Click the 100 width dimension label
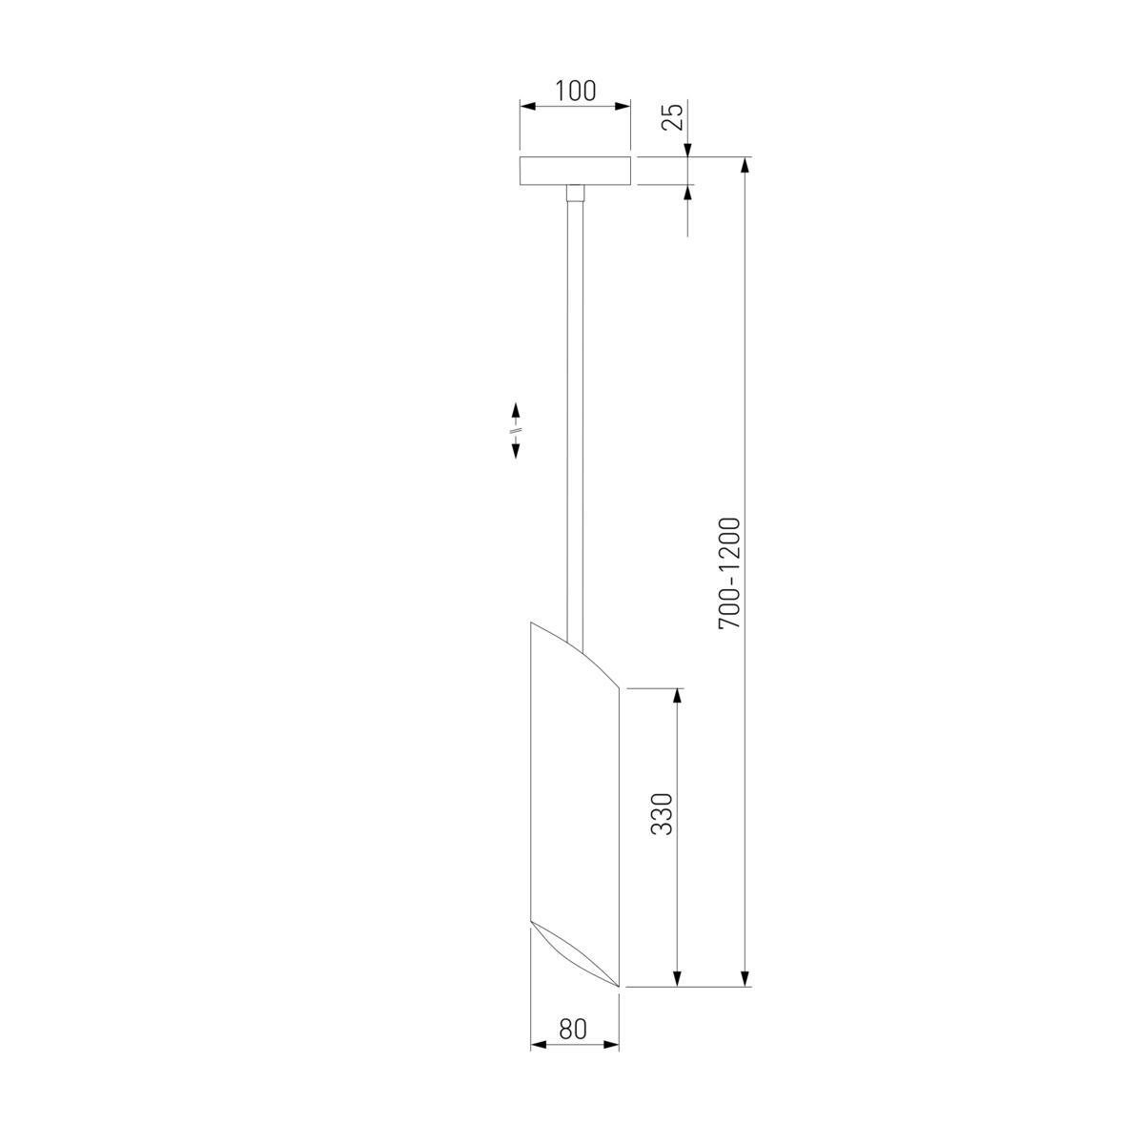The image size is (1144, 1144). (575, 92)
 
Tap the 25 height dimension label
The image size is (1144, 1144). (673, 117)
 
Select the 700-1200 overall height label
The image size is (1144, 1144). (729, 573)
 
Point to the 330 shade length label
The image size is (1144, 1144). (663, 813)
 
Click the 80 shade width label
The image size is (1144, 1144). (572, 1030)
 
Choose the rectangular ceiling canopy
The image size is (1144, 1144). (575, 171)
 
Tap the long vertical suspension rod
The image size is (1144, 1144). (574, 410)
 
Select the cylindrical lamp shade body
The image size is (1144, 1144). (574, 801)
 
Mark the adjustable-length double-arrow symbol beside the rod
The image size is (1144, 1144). (515, 432)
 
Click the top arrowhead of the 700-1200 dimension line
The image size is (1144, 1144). (746, 165)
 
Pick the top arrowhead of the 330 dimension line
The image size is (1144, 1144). (678, 696)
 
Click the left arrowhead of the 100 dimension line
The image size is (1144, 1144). (526, 107)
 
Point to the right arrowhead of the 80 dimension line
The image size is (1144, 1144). (612, 1046)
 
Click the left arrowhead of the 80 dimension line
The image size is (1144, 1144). (537, 1046)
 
